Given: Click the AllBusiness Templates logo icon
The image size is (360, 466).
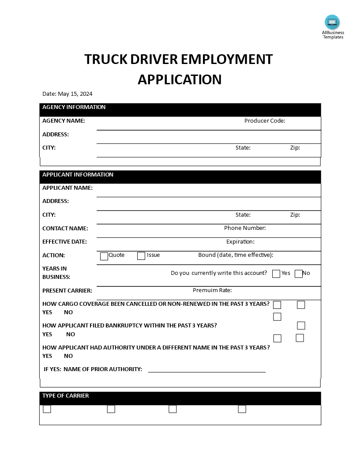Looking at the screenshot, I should tap(332, 22).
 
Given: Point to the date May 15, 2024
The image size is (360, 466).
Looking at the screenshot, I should tap(75, 94).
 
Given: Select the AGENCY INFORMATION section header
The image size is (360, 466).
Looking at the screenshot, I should tap(74, 107).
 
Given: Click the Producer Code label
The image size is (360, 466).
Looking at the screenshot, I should tap(265, 121).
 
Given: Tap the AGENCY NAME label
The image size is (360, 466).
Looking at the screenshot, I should tap(64, 121).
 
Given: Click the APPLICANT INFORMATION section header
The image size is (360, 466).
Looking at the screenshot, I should tap(78, 175).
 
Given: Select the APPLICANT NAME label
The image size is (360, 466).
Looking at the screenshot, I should tap(67, 188).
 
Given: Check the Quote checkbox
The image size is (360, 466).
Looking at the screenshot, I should tap(104, 256).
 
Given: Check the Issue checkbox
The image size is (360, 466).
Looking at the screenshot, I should tap(141, 256).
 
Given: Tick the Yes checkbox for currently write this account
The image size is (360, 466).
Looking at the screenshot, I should tap(276, 274).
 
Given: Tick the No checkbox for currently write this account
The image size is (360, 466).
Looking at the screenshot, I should tap(299, 274).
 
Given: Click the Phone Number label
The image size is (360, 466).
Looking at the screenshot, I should tap(245, 228).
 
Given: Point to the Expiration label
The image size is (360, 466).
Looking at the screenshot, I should tap(240, 242).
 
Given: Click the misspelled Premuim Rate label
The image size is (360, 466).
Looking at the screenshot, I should tap(212, 290).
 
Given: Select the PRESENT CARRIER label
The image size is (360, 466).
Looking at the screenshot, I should tap(67, 291).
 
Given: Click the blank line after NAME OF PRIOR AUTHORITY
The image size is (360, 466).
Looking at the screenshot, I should tap(207, 371).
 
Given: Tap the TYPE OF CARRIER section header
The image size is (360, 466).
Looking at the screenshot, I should tap(65, 396).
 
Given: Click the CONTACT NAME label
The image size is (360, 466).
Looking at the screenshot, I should tap(65, 229).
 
